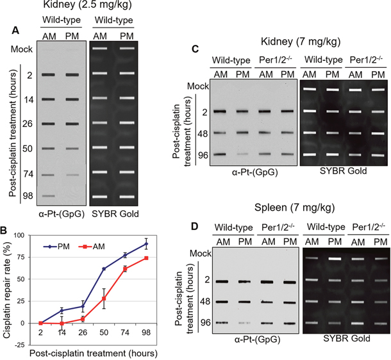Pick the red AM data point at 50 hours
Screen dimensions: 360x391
point(104,299)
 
